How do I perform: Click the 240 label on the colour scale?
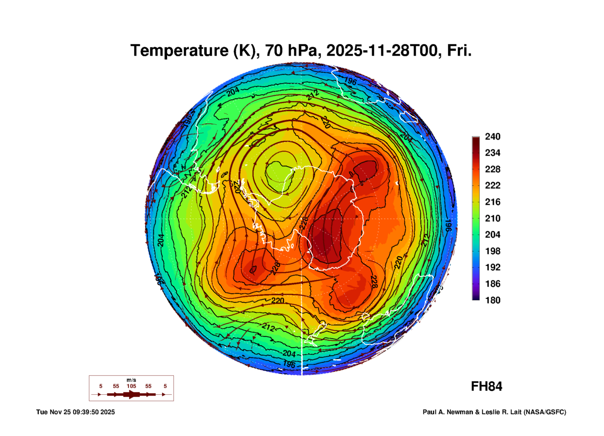point(492,137)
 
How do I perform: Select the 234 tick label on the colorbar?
point(492,153)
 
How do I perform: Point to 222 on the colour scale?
point(492,185)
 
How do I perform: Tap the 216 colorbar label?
point(492,202)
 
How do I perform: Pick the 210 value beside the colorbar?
point(492,218)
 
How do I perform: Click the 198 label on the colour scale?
point(492,251)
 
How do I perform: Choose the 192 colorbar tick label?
point(492,267)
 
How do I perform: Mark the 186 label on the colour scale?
point(492,284)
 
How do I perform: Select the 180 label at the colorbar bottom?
point(492,300)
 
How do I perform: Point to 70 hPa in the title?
point(291,51)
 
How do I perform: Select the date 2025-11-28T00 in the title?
point(382,51)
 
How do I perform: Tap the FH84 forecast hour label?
point(486,386)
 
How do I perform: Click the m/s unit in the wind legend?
point(131,380)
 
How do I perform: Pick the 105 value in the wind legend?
point(131,386)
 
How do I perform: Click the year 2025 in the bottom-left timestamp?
point(107,412)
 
